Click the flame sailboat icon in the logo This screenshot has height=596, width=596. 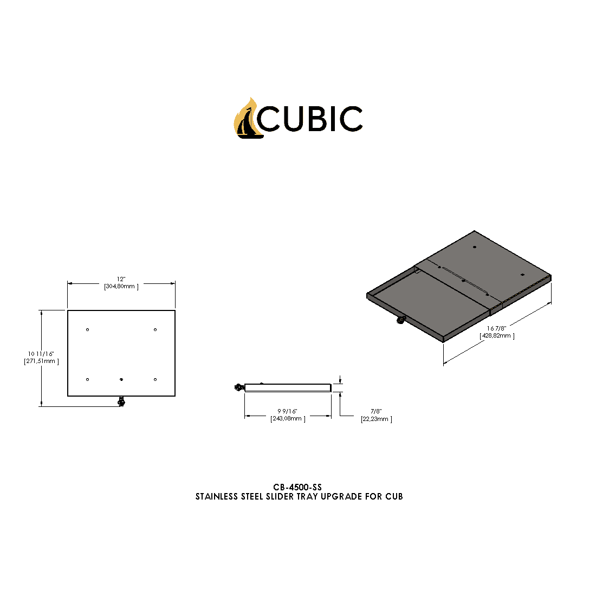247,119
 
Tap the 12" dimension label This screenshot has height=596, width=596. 121,278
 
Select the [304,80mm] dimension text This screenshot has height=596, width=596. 121,287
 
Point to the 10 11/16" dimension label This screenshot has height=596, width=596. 41,353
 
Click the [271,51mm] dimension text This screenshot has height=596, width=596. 41,361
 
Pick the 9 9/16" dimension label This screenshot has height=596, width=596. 288,411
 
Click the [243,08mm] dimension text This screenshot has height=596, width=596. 288,419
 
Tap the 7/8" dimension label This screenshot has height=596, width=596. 376,411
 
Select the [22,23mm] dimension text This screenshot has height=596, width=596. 376,419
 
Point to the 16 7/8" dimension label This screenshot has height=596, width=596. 496,328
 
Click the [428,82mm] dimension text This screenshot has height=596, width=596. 497,336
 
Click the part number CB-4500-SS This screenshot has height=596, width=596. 297,488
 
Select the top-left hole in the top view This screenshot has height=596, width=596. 88,330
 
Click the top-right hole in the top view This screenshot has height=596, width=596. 155,329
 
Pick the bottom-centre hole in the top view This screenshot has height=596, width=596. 121,379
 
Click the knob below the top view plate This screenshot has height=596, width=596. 121,401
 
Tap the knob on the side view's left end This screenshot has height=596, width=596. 238,387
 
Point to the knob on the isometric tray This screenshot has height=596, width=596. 400,320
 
